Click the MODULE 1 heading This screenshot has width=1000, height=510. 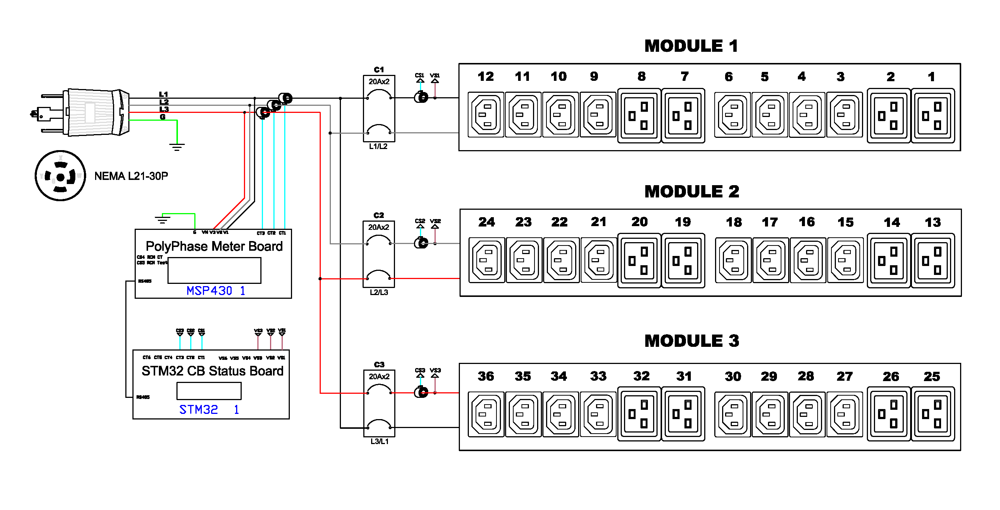coord(691,46)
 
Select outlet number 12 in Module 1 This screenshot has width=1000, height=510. coord(486,115)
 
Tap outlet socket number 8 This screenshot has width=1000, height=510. coord(639,115)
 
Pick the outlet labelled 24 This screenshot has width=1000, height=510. coord(487,260)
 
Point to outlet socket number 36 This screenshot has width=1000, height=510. coord(486,415)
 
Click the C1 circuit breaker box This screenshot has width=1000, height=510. coord(379,108)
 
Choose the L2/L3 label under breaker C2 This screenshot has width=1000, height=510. coord(379,292)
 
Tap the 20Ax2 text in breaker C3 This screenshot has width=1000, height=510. coord(379,377)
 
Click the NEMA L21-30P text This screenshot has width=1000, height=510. coord(131,176)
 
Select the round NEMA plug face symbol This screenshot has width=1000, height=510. coord(60,176)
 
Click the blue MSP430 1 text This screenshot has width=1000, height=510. coord(216,291)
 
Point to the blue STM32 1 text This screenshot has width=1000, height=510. coord(209,409)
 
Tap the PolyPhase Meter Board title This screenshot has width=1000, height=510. coord(214,246)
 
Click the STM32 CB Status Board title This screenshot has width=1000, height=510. coord(212,371)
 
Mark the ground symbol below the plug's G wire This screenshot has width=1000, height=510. coord(177,147)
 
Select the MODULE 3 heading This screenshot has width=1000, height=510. coord(692,341)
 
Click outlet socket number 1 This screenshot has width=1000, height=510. coord(932,115)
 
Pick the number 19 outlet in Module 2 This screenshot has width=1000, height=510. coord(683,260)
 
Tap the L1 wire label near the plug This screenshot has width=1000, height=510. coord(163,94)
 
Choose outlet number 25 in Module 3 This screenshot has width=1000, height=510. coord(932,414)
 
